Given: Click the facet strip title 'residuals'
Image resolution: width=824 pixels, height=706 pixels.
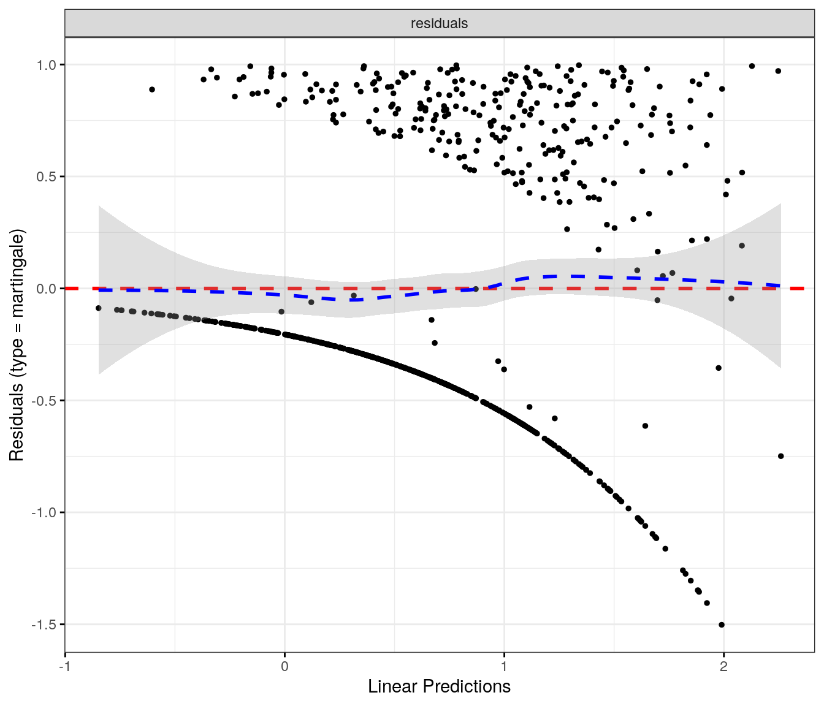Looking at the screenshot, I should click(439, 23).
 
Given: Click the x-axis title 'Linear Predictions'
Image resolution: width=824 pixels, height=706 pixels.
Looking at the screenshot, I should click(439, 686).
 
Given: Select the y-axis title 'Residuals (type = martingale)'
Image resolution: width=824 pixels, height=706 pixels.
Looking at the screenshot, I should click(17, 345).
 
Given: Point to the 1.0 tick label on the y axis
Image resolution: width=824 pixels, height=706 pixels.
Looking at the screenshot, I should click(46, 65).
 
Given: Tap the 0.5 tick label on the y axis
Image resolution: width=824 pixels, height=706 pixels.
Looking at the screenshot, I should click(46, 176).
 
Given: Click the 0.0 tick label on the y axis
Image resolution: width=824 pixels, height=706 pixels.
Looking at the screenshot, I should click(46, 289).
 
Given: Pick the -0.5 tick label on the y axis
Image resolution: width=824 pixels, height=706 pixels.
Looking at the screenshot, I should click(44, 401).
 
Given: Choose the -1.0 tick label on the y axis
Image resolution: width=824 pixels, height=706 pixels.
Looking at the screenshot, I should click(44, 512).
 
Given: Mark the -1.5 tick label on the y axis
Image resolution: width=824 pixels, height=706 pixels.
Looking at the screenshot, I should click(44, 624).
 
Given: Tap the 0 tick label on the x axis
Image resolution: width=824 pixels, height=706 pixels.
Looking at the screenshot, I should click(284, 666).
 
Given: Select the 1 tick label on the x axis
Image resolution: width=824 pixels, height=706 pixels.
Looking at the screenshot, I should click(504, 666).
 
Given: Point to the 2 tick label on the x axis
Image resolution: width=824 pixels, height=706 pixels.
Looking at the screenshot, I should click(723, 666).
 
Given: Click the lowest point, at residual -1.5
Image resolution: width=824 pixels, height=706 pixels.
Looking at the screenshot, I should click(722, 624).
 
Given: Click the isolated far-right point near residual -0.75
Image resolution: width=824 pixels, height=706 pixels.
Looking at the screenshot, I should click(780, 456).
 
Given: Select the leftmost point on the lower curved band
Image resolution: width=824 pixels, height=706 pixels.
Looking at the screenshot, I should click(99, 308).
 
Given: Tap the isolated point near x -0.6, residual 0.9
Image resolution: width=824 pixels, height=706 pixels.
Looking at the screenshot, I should click(152, 89).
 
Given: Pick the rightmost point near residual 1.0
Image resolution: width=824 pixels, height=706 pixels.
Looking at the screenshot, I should click(778, 71).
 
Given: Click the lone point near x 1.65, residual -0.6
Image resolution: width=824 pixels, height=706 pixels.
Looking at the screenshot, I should click(645, 426).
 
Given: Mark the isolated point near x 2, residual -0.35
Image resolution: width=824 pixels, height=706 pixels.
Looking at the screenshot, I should click(719, 368).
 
